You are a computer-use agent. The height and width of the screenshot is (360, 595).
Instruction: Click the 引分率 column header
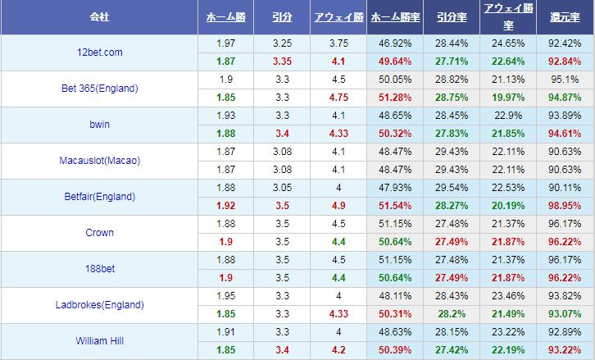[452, 16]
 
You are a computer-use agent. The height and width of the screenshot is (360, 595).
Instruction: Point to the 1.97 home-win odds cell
[227, 43]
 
